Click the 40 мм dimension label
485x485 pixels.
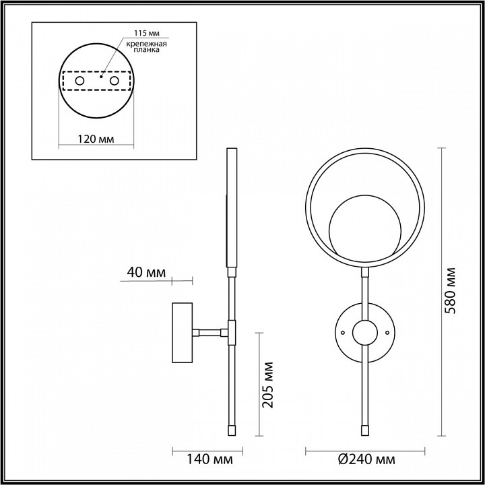coord(146,273)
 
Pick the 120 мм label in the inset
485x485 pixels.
coord(94,139)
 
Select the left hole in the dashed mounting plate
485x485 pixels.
coord(79,81)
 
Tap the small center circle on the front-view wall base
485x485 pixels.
coord(366,333)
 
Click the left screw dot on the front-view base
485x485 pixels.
coord(343,333)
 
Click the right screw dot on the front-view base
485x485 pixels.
coord(389,333)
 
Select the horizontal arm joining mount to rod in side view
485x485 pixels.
coord(210,331)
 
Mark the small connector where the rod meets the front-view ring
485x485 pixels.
coord(366,272)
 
